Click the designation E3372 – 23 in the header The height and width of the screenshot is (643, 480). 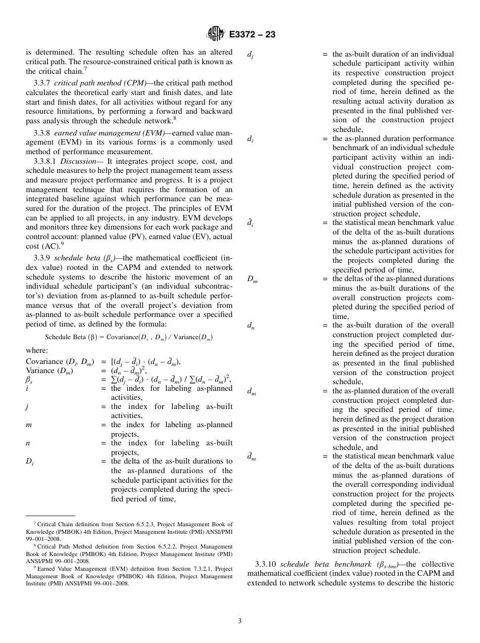point(252,35)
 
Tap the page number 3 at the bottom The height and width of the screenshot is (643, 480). point(240,621)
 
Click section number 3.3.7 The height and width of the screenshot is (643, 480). point(42,83)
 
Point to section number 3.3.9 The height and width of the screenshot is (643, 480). point(42,258)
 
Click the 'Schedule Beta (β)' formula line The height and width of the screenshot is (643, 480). point(129,337)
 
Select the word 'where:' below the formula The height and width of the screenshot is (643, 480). point(37,350)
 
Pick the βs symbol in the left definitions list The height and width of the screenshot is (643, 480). point(29,380)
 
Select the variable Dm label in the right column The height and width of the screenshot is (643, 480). point(252,280)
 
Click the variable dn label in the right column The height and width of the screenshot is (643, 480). point(251,327)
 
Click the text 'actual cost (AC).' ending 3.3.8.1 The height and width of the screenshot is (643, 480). point(43,246)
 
